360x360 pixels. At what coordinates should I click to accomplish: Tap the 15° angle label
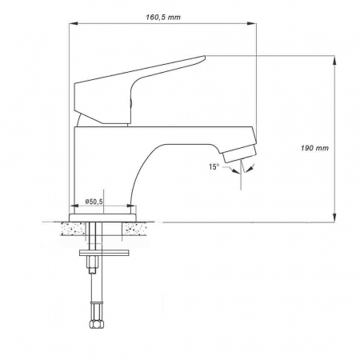[x=214, y=166]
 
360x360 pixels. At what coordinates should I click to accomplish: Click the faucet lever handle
[x=144, y=81]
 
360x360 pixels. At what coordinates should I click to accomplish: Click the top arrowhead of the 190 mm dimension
[x=333, y=58]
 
